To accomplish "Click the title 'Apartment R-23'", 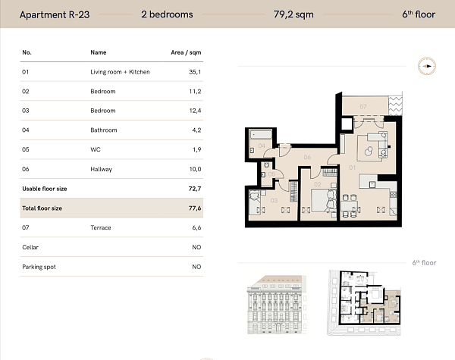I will tap(55, 14).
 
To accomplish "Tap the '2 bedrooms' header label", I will tap(167, 14).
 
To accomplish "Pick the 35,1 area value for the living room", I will tap(196, 72).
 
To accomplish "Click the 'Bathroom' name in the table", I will tap(103, 130).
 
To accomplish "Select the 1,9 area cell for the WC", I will tap(196, 150).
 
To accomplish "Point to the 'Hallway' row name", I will tap(101, 169).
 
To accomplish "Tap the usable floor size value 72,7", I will tap(196, 189).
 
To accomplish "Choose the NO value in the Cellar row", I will tap(196, 247).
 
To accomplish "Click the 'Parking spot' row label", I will tap(39, 267).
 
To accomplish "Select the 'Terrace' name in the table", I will tap(101, 227).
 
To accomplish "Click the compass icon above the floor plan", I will tap(427, 66).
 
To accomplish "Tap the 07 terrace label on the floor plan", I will tap(363, 106).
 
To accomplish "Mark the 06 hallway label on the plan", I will tap(308, 158).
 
